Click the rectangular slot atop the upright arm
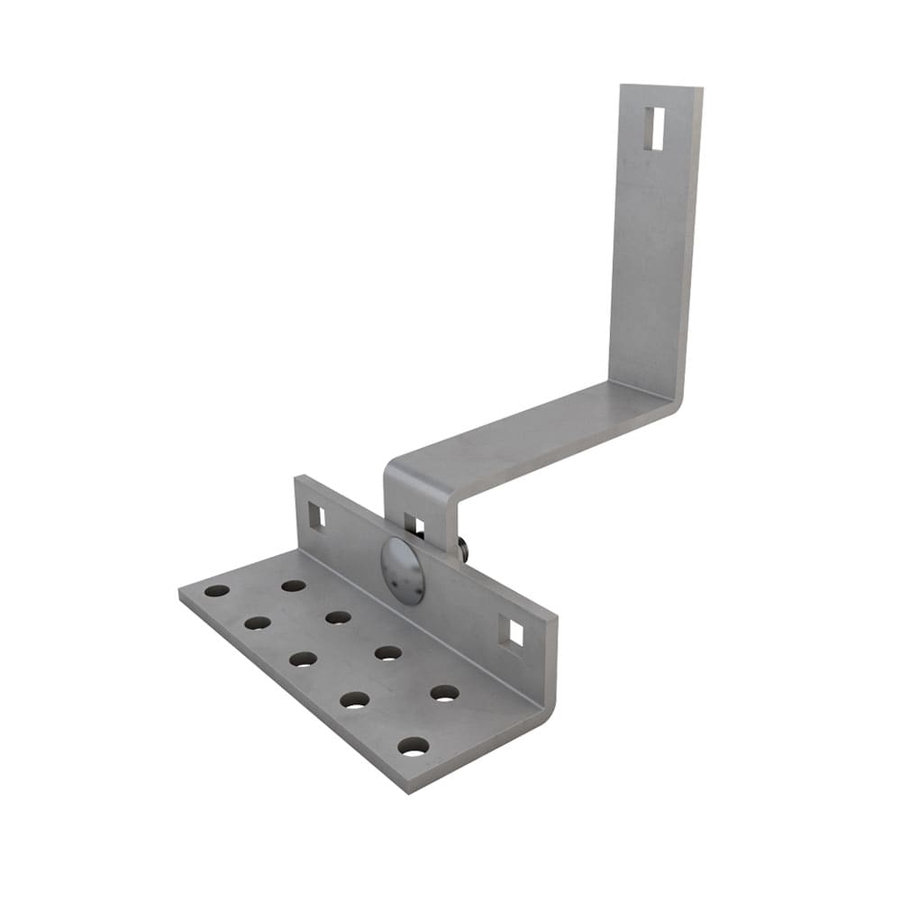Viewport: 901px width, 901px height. [655, 128]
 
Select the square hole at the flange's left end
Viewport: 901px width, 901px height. [316, 515]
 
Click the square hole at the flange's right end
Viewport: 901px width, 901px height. [511, 634]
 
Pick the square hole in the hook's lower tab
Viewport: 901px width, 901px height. [414, 526]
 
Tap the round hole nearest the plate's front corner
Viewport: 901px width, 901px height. [414, 746]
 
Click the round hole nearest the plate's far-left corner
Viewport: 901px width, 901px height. [216, 591]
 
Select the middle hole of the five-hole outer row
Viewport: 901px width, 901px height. [303, 659]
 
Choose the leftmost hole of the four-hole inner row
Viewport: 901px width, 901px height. [294, 586]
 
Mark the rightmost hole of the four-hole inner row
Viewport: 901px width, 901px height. [444, 693]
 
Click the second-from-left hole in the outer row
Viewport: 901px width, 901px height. [258, 623]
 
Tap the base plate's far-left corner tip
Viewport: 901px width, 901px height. [179, 592]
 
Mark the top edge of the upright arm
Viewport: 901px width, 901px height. [660, 86]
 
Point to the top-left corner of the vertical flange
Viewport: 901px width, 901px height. [296, 478]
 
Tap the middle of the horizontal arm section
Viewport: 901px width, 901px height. [532, 432]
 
